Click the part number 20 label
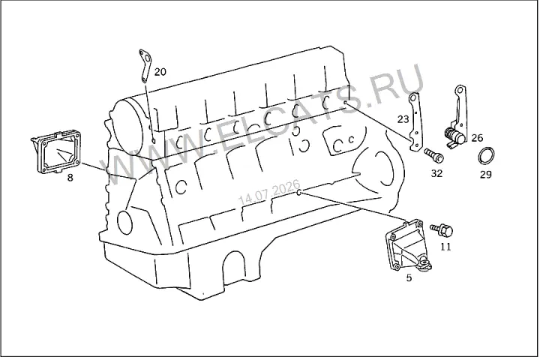pyautogui.click(x=160, y=72)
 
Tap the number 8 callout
pyautogui.click(x=70, y=178)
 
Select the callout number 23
pyautogui.click(x=403, y=119)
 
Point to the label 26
pyautogui.click(x=477, y=138)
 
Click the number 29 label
pyautogui.click(x=485, y=174)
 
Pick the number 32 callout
pyautogui.click(x=436, y=173)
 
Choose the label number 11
pyautogui.click(x=445, y=247)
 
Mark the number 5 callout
pyautogui.click(x=409, y=277)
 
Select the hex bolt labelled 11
pyautogui.click(x=442, y=230)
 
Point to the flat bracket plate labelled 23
pyautogui.click(x=415, y=121)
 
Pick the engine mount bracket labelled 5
pyautogui.click(x=407, y=246)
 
